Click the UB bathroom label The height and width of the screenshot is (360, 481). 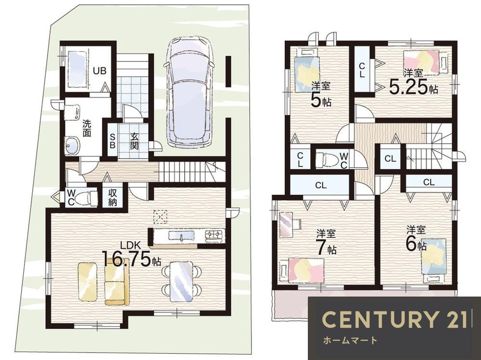(100, 71)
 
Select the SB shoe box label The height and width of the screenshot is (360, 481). (112, 140)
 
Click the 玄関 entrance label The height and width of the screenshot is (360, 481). (134, 141)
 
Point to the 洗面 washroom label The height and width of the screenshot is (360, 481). (87, 128)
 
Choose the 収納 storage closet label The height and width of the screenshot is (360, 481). (112, 198)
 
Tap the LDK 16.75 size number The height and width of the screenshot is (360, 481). (126, 259)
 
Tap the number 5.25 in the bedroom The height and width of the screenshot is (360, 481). (408, 87)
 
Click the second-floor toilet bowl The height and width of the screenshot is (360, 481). (329, 159)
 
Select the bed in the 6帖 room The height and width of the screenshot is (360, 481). (433, 260)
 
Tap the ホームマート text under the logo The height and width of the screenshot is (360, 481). (350, 340)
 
